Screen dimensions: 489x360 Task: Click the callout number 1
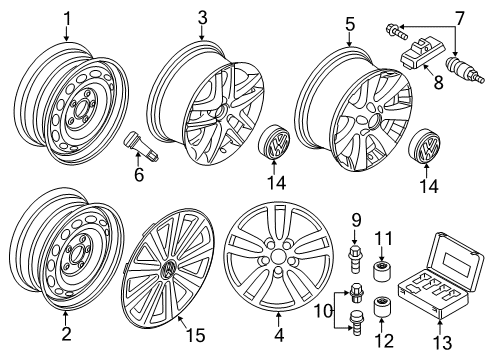click(x=67, y=19)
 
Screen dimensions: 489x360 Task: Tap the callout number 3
click(x=202, y=18)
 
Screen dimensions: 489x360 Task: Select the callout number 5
click(x=350, y=24)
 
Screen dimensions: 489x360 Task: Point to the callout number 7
click(x=460, y=18)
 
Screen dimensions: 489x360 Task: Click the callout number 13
click(x=442, y=342)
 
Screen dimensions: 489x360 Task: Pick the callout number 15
click(x=196, y=335)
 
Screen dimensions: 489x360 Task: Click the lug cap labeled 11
click(x=382, y=271)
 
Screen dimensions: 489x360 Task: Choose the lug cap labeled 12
click(x=382, y=307)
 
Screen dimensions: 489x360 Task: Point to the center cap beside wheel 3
click(x=274, y=141)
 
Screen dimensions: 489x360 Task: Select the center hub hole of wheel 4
click(x=276, y=257)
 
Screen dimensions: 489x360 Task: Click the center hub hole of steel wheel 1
click(x=79, y=108)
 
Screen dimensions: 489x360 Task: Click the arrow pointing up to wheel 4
click(x=278, y=319)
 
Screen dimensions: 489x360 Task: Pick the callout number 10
click(x=323, y=312)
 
